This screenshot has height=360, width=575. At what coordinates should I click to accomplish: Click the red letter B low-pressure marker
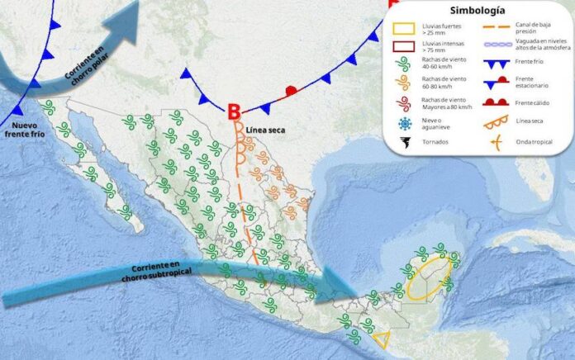tap(235, 111)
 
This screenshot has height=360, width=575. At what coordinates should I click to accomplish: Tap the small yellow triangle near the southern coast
tap(382, 339)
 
